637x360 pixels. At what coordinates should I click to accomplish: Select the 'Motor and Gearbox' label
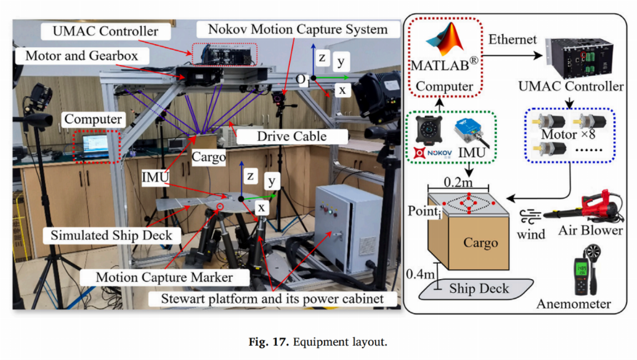click(x=82, y=55)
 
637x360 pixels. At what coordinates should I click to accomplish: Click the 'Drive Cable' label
click(x=292, y=136)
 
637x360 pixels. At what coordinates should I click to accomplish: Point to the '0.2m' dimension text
click(x=458, y=182)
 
